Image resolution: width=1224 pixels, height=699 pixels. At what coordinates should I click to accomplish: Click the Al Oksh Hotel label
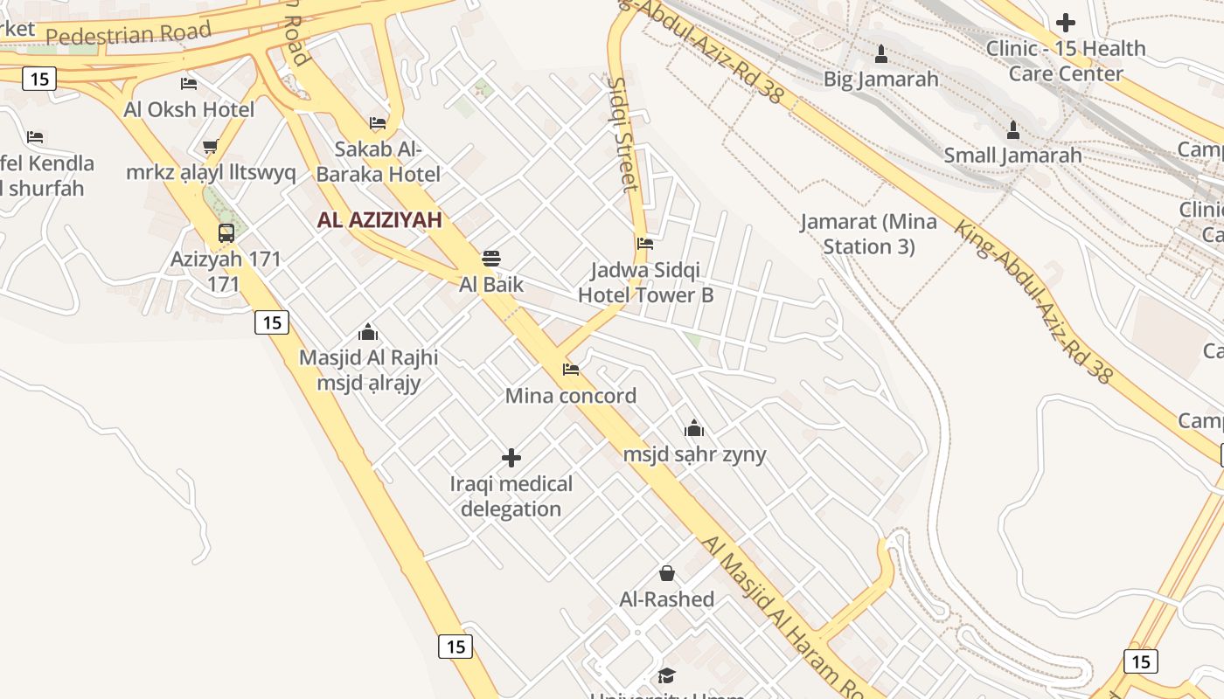[x=189, y=109]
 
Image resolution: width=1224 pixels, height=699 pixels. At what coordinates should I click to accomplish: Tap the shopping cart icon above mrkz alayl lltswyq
[x=210, y=146]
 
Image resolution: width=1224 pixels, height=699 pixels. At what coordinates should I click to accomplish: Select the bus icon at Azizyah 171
[x=226, y=233]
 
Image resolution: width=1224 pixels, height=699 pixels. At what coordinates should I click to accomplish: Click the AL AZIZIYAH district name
[x=379, y=220]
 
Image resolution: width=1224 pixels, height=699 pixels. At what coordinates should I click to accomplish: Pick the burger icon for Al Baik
[x=490, y=259]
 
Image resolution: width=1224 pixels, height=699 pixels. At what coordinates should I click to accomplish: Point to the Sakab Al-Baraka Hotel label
[x=378, y=162]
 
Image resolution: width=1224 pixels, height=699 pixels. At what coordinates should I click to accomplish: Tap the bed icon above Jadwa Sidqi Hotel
[x=645, y=244]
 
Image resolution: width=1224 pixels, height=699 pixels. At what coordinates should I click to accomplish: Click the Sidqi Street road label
[x=623, y=134]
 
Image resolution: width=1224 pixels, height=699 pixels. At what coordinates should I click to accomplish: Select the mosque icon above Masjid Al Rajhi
[x=368, y=333]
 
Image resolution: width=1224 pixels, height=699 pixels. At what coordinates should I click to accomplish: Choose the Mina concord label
[x=571, y=396]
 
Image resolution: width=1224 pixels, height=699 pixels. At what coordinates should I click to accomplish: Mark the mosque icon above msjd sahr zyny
[x=694, y=428]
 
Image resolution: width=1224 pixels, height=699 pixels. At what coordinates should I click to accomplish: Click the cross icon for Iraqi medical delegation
[x=511, y=458]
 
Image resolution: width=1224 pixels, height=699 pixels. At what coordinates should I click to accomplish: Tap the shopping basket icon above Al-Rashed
[x=667, y=573]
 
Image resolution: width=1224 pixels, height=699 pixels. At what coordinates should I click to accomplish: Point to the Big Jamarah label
[x=880, y=80]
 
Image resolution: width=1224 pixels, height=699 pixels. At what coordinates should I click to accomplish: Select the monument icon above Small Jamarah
[x=1012, y=131]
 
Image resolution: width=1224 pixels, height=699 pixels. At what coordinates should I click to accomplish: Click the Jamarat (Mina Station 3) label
[x=868, y=234]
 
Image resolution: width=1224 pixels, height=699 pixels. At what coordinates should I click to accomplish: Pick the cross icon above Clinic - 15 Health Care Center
[x=1065, y=23]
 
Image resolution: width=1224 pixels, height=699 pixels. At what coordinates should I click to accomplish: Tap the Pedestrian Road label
[x=129, y=34]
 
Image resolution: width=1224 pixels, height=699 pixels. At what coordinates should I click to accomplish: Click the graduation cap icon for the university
[x=667, y=675]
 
